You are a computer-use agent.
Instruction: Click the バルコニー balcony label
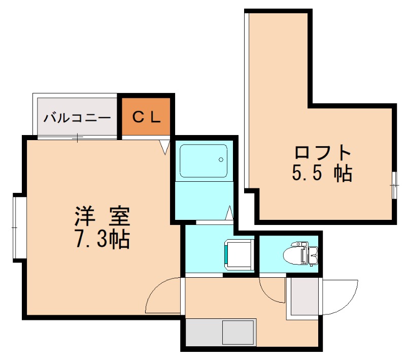point(77,118)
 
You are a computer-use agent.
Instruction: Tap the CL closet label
point(147,117)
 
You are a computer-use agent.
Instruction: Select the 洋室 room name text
point(103,217)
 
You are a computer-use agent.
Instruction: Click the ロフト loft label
point(323,152)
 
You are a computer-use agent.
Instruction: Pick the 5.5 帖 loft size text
point(322,174)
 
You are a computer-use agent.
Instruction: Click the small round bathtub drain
point(221,159)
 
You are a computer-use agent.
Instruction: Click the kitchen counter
point(220,332)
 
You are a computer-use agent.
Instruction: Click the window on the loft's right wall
point(394,185)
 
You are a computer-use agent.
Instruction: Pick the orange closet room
point(147,117)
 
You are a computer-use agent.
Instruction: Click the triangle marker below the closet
point(164,147)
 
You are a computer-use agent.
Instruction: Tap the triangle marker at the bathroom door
point(229,212)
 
